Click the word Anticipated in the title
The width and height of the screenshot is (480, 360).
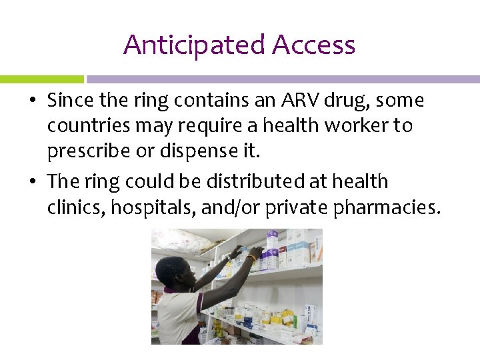click(x=194, y=45)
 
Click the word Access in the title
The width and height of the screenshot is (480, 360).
click(x=313, y=45)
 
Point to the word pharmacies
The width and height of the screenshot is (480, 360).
click(x=387, y=207)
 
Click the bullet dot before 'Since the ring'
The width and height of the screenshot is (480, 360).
click(x=33, y=101)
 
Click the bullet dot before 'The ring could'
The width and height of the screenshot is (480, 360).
click(x=33, y=182)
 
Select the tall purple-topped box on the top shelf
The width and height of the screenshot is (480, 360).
click(x=272, y=248)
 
